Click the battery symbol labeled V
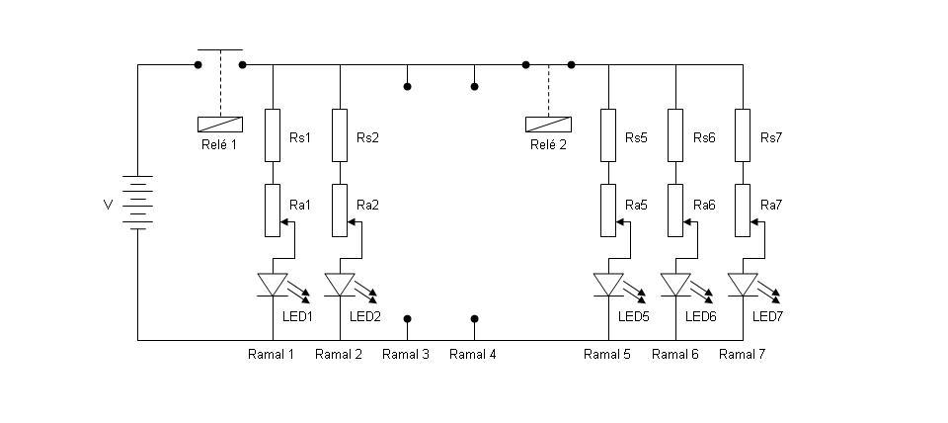click(137, 203)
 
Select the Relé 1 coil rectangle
click(220, 125)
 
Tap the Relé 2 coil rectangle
click(548, 125)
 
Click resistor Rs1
click(273, 135)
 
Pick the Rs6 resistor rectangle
click(675, 135)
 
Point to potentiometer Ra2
click(340, 211)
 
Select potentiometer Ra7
click(743, 211)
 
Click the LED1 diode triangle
click(273, 285)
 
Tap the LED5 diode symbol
click(608, 285)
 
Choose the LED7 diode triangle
click(743, 285)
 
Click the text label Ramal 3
click(406, 355)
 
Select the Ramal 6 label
click(674, 355)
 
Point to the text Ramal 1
click(271, 355)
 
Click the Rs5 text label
click(636, 138)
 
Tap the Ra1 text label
click(300, 206)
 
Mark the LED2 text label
click(365, 316)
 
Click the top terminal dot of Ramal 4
click(475, 87)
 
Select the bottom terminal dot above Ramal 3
click(408, 318)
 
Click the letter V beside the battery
click(109, 206)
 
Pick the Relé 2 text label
click(548, 145)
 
